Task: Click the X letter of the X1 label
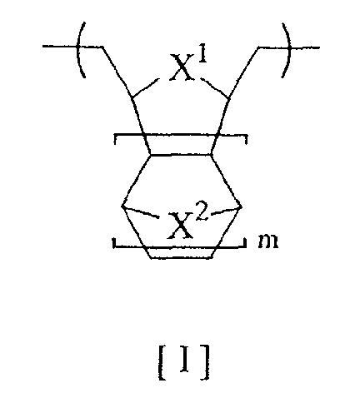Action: (x=182, y=67)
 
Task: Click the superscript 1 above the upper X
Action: (x=202, y=55)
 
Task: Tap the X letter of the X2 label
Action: (x=180, y=225)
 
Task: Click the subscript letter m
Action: (x=268, y=241)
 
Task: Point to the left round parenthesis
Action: (x=78, y=50)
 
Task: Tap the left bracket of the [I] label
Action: (x=162, y=362)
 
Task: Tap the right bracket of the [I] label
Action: (x=205, y=362)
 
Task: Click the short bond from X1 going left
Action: (x=146, y=88)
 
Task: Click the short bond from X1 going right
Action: (x=215, y=88)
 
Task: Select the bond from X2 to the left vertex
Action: (x=141, y=211)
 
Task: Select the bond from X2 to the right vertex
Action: (x=226, y=211)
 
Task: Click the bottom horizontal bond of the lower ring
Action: (x=182, y=258)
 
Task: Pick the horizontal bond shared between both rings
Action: (x=181, y=155)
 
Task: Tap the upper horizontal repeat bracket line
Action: (x=181, y=135)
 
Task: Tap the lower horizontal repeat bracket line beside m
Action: (x=179, y=246)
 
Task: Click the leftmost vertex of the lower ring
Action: (x=122, y=206)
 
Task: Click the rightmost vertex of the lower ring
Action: (x=241, y=206)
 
